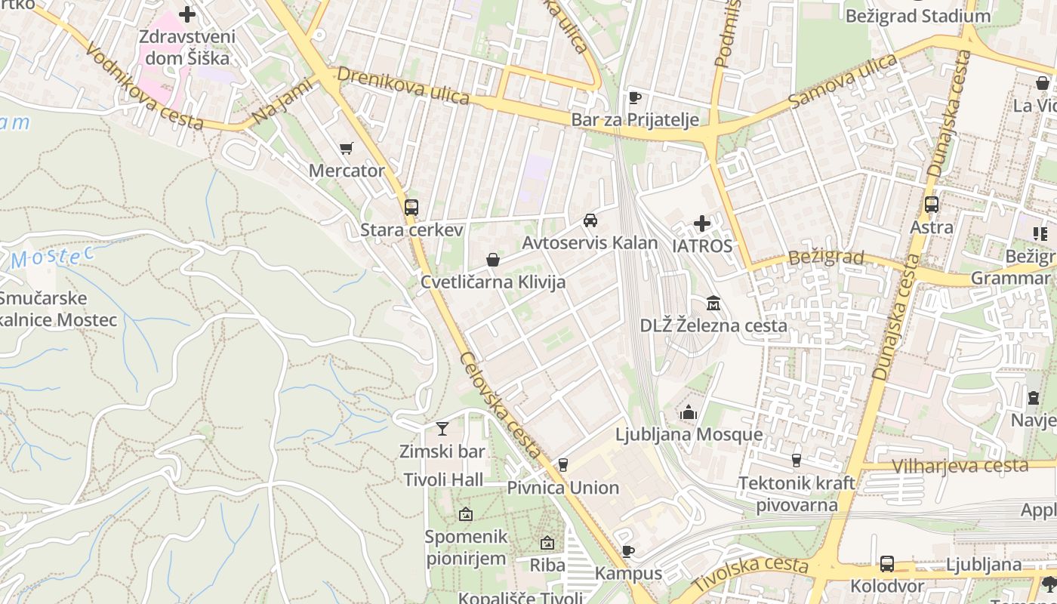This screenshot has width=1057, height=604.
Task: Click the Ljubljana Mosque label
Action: click(x=689, y=435)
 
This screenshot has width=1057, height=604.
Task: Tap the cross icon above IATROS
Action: click(x=702, y=223)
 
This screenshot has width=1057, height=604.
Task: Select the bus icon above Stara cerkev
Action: click(x=411, y=207)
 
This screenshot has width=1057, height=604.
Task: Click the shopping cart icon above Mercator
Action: click(x=347, y=149)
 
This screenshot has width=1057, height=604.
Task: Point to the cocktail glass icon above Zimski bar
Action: click(x=442, y=429)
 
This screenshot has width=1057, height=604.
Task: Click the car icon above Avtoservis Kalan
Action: click(x=590, y=220)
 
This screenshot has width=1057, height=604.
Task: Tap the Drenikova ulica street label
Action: click(x=403, y=86)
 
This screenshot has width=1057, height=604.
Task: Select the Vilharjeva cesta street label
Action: click(x=960, y=466)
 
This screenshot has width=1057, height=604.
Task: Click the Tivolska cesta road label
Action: click(x=750, y=573)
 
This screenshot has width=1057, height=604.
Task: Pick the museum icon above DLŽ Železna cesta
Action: click(x=713, y=304)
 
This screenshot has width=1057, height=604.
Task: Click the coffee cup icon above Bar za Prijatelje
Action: click(x=635, y=97)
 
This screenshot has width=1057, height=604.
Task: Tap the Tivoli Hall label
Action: click(x=443, y=479)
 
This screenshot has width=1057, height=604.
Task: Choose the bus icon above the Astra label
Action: click(x=932, y=205)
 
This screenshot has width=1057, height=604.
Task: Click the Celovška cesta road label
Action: click(x=501, y=405)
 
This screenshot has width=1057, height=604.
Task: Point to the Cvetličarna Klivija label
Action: click(x=492, y=282)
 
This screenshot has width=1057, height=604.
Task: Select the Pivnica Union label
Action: click(x=562, y=488)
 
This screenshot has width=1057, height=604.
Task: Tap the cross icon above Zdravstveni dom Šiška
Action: click(x=187, y=14)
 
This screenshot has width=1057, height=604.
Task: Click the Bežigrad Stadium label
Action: click(x=917, y=16)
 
